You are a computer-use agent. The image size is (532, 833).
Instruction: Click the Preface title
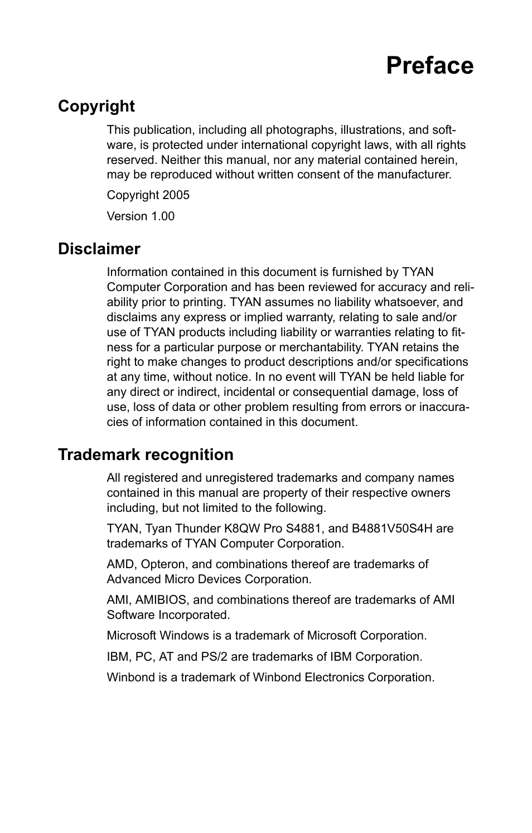coord(429,66)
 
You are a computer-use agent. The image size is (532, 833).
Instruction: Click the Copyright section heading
coord(96,106)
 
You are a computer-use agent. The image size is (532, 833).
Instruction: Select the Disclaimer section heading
coord(99,249)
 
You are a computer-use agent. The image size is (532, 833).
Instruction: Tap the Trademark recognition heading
coord(146,454)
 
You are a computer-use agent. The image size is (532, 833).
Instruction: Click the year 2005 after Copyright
coord(176,195)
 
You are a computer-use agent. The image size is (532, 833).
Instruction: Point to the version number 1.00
coord(163,216)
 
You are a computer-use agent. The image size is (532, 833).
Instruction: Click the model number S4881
coord(301,528)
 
